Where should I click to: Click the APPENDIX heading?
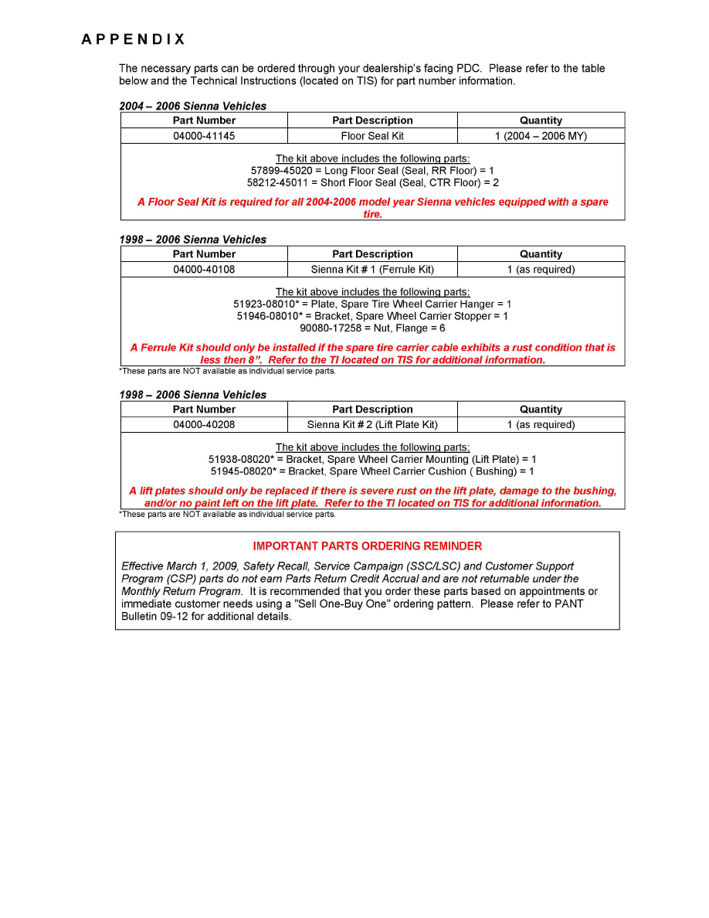coord(134,39)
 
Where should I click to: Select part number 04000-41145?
coord(204,136)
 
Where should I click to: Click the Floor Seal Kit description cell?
coord(372,136)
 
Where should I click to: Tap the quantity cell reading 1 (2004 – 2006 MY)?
coord(541,136)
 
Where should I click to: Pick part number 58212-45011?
coord(278,182)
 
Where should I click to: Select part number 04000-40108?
coord(204,270)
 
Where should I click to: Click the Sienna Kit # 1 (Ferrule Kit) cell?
coord(372,270)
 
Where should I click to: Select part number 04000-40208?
coord(204,425)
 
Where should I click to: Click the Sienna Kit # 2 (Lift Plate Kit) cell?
coord(372,425)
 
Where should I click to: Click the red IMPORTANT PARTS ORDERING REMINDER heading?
coord(368,546)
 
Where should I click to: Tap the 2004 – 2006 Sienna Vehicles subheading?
coord(192,106)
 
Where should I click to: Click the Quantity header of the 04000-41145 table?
coord(541,121)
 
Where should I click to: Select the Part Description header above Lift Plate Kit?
coord(372,410)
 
